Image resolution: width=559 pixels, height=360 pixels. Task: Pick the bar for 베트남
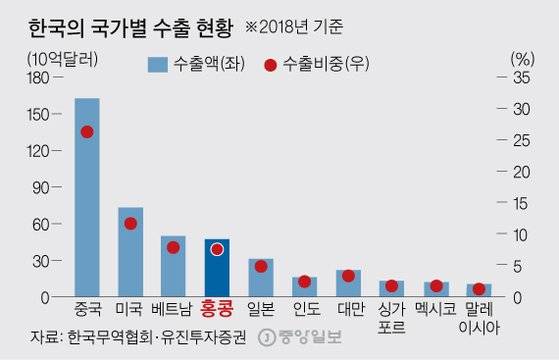tap(173, 266)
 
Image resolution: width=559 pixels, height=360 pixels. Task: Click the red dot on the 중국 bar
tap(87, 132)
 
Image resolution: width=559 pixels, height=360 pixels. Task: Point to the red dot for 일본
tap(261, 266)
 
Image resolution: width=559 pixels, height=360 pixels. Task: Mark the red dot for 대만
tap(348, 276)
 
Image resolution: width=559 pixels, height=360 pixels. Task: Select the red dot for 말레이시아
tap(479, 288)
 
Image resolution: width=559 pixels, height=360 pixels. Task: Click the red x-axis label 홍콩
tap(217, 310)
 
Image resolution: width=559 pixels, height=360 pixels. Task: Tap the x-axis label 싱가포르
tap(392, 317)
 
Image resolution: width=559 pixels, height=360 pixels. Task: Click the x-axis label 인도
tap(304, 310)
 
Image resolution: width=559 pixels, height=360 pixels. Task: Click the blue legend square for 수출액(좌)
tap(157, 64)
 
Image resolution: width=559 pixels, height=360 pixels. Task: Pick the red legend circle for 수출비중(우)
tap(270, 64)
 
